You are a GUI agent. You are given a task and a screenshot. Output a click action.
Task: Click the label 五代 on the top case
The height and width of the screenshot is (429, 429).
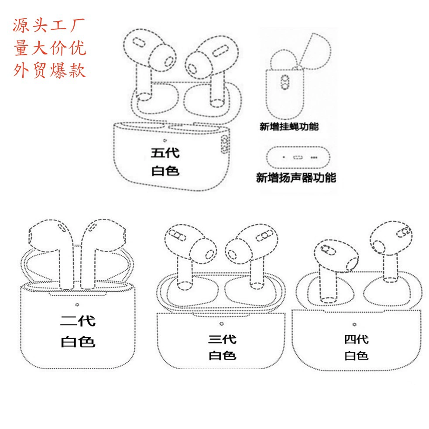pyautogui.click(x=165, y=153)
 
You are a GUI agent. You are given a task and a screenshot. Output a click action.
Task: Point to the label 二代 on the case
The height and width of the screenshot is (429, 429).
pyautogui.click(x=77, y=322)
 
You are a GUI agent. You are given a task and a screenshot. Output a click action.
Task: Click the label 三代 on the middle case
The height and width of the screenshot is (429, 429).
pyautogui.click(x=222, y=339)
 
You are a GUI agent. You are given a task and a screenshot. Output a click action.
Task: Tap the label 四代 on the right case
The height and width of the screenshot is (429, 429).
pyautogui.click(x=356, y=339)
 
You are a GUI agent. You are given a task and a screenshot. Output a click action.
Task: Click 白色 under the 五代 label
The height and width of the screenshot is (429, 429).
pyautogui.click(x=165, y=171)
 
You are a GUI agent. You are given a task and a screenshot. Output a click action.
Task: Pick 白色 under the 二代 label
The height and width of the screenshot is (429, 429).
pyautogui.click(x=77, y=341)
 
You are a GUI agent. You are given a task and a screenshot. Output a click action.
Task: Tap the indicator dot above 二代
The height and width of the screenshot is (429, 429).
pyautogui.click(x=77, y=304)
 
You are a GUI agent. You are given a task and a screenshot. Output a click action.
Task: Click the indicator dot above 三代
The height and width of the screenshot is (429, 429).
pyautogui.click(x=221, y=323)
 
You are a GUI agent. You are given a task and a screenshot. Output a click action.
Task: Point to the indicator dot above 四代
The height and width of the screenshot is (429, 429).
pyautogui.click(x=354, y=324)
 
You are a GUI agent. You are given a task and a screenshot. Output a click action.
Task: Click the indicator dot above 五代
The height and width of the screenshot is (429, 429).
pyautogui.click(x=165, y=141)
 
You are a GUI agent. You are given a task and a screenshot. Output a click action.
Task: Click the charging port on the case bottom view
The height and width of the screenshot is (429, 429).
pyautogui.click(x=299, y=158)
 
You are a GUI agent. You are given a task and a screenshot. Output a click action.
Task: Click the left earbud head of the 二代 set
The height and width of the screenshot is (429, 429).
pyautogui.click(x=48, y=238)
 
